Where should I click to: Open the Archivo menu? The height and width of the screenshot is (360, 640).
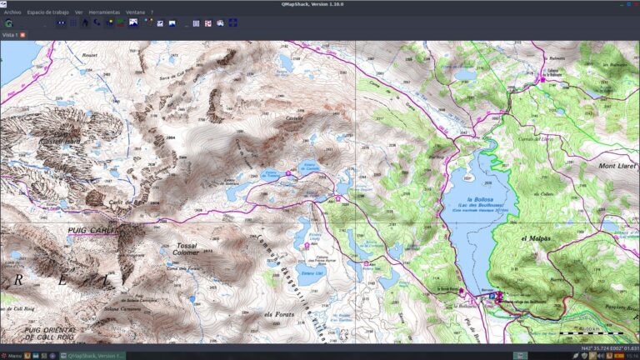12,12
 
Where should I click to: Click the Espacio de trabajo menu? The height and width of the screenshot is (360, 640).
48,12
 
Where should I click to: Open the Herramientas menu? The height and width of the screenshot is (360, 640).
104,12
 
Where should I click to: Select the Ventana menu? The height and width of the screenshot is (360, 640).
135,12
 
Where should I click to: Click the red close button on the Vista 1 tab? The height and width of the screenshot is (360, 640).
22,35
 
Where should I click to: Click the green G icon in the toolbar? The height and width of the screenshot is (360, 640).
8,23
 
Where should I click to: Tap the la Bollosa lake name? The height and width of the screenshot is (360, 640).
482,200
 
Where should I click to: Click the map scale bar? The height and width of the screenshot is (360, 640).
583,333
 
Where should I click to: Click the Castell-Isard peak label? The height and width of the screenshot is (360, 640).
59,140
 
